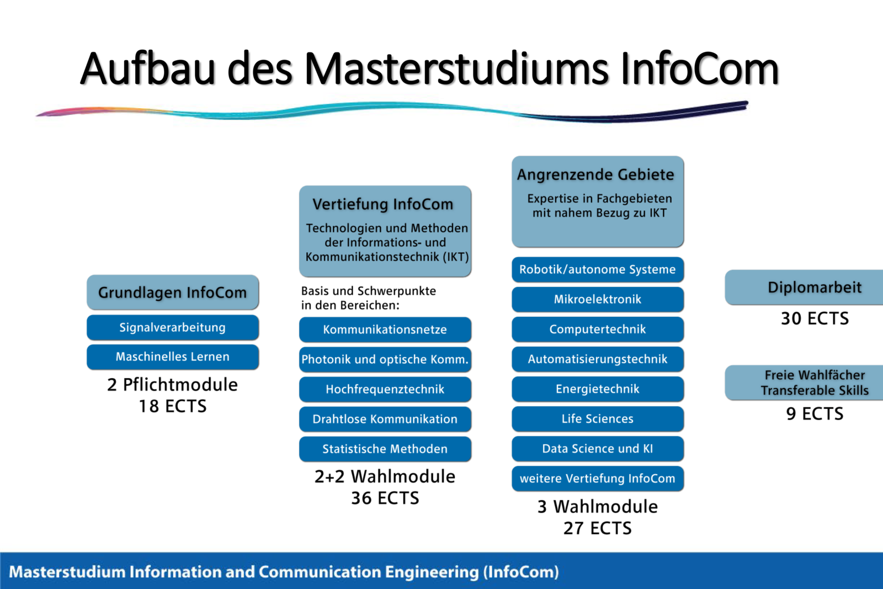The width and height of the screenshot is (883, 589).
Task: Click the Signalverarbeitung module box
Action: [x=173, y=327]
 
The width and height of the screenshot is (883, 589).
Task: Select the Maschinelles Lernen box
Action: [x=173, y=357]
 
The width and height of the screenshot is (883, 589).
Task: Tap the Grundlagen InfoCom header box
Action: [x=173, y=292]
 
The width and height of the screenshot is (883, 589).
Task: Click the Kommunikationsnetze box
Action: [x=385, y=330]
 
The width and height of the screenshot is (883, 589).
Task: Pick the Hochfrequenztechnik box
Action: [x=385, y=389]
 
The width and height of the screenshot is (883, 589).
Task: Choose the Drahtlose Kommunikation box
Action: [x=385, y=419]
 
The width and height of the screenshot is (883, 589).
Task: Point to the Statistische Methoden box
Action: [x=385, y=449]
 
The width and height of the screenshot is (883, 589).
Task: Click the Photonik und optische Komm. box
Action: [x=385, y=359]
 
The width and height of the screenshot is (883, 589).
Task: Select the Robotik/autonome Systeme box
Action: [x=598, y=270]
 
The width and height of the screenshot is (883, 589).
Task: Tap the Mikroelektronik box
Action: [x=598, y=300]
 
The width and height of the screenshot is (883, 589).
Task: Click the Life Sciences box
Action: [x=598, y=418]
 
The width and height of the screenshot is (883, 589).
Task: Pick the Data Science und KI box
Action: [x=598, y=449]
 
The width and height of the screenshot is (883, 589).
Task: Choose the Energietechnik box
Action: [x=598, y=389]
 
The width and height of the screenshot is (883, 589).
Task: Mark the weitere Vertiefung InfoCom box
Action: [x=598, y=479]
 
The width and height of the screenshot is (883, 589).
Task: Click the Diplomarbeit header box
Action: [x=804, y=288]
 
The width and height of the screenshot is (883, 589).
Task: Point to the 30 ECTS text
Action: [x=815, y=318]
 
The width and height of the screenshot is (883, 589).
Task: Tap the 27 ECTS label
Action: [x=598, y=528]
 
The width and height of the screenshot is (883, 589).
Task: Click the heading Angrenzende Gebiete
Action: [x=595, y=174]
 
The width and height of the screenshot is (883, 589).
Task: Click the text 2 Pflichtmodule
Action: [x=173, y=385]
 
